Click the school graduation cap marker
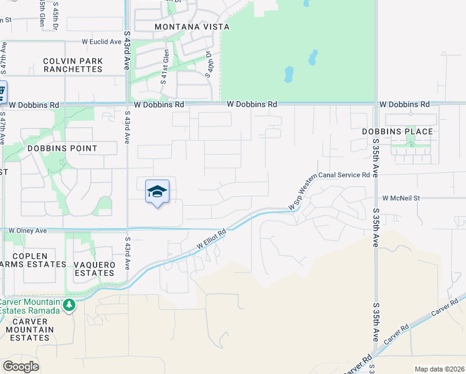pos(157,192)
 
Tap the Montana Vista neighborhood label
pos(192,27)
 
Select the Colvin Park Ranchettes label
pos(73,65)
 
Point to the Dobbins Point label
pos(62,148)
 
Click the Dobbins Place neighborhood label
pos(397,132)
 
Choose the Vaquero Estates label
pos(95,269)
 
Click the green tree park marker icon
pos(69,305)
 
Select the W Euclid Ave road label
pos(102,42)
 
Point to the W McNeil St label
pos(402,198)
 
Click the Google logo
pos(21,367)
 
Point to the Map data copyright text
pos(439,369)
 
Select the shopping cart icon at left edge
pos(2,92)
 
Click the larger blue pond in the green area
pos(289,75)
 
